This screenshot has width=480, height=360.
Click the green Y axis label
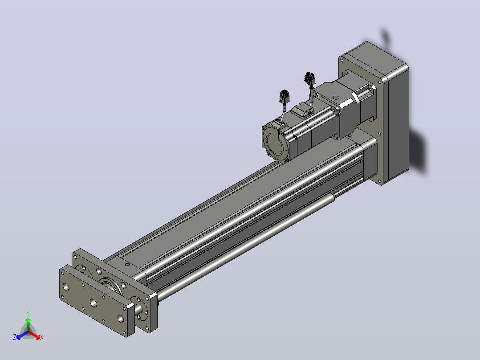click(28, 313)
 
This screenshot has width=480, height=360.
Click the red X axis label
click(42, 337)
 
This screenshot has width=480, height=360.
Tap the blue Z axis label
click(15, 337)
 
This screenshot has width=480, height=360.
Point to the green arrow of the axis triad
click(28, 325)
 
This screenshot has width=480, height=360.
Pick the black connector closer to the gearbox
click(309, 79)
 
